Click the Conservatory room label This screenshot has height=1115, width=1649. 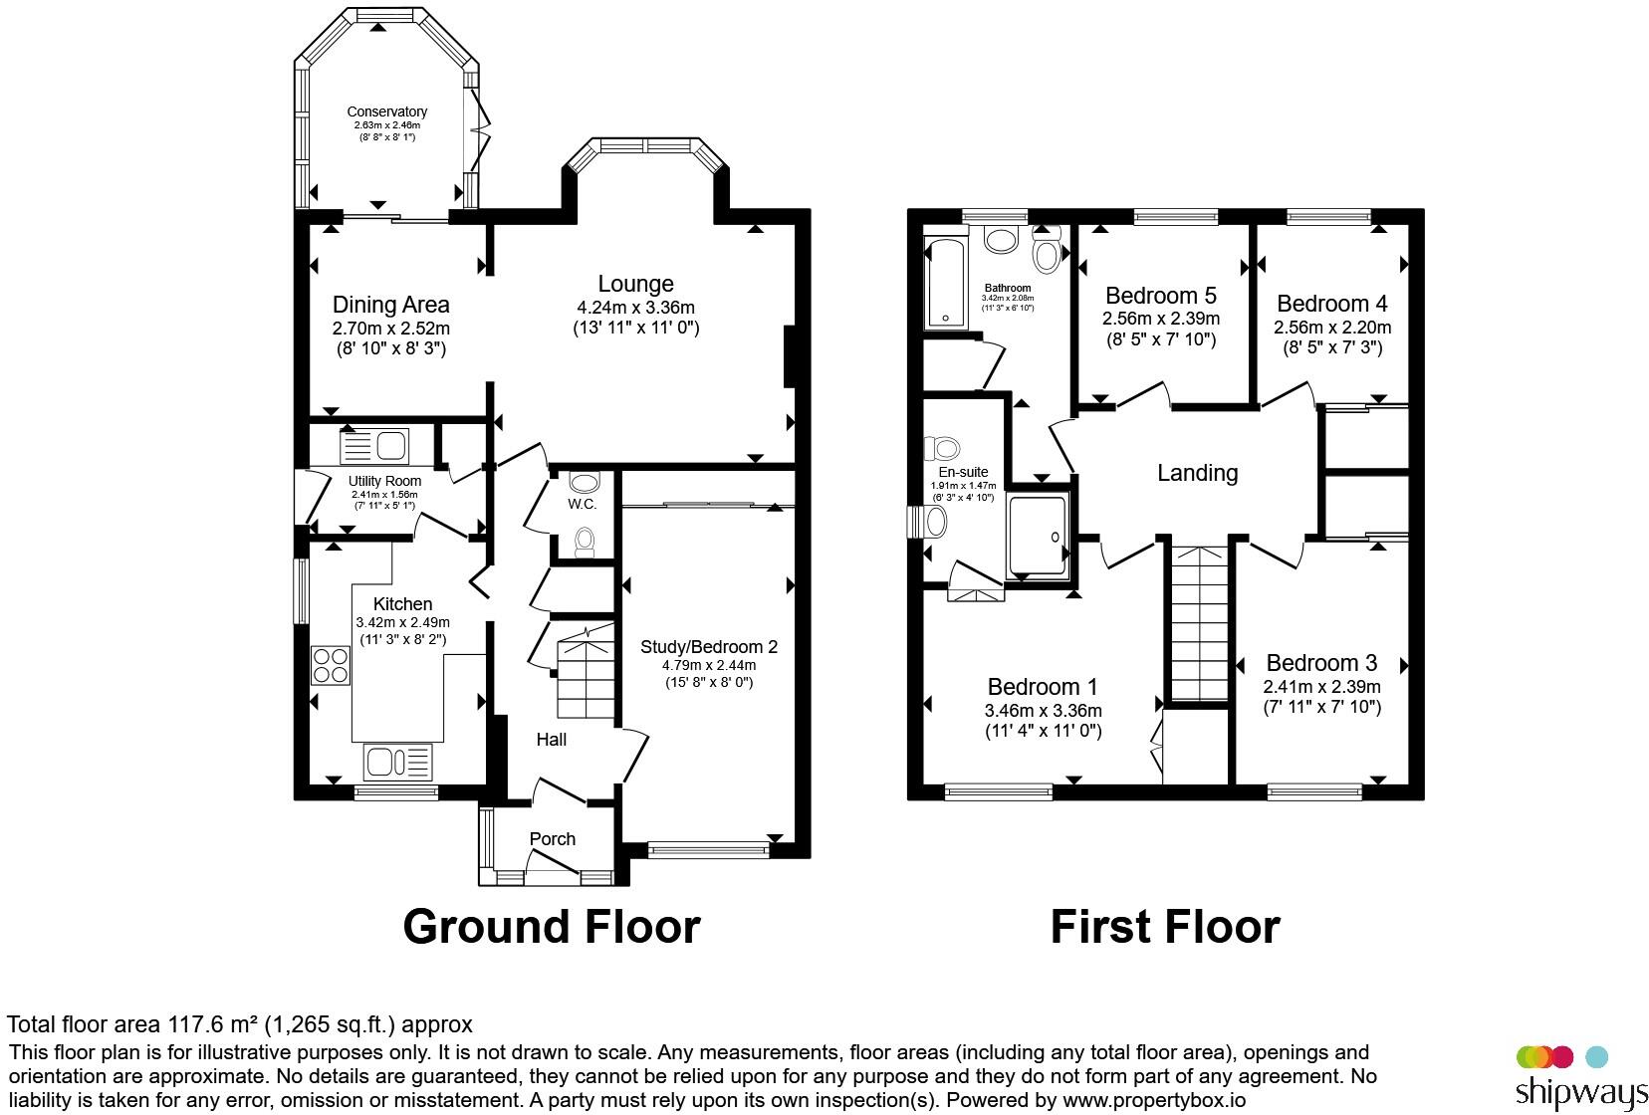(387, 111)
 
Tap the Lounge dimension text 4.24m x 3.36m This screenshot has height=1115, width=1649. (635, 308)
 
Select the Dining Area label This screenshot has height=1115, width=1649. (391, 305)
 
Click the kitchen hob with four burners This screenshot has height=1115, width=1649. (331, 665)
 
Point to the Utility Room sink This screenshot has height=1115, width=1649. (374, 447)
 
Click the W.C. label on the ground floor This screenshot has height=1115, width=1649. (582, 504)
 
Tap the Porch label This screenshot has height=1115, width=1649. (552, 839)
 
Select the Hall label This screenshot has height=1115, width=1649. (552, 740)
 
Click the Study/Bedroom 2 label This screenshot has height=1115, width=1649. (708, 647)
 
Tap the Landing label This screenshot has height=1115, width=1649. (1197, 473)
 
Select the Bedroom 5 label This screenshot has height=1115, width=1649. (1161, 296)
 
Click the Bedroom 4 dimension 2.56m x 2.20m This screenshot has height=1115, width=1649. (1332, 328)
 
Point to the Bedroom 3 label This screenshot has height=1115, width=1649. (1321, 663)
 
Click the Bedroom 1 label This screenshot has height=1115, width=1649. (1043, 687)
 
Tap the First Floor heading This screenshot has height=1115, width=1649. (1165, 927)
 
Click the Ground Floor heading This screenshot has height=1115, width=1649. (552, 927)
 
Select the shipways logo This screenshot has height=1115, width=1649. (1580, 1078)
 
